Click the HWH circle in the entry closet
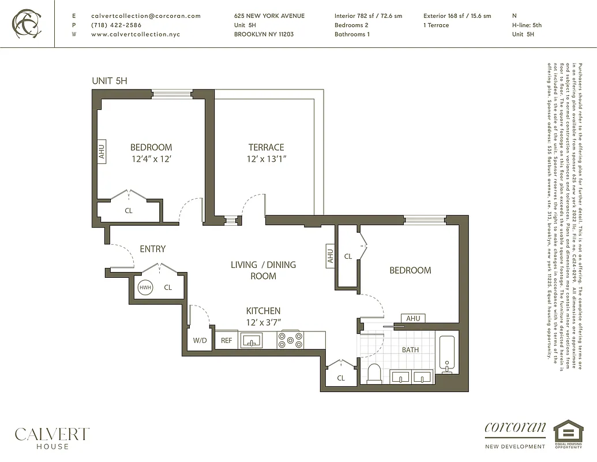[145, 287]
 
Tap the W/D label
[200, 341]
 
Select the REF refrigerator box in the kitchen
[227, 341]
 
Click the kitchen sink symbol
[251, 340]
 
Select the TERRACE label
[266, 147]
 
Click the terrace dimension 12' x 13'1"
[266, 159]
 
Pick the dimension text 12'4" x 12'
[151, 159]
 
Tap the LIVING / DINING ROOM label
[263, 270]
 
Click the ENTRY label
[152, 249]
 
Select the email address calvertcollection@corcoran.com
[146, 16]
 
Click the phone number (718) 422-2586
[116, 25]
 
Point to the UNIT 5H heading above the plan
[109, 81]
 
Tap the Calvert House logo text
[52, 437]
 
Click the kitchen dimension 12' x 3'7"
[263, 322]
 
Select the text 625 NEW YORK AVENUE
[269, 16]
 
